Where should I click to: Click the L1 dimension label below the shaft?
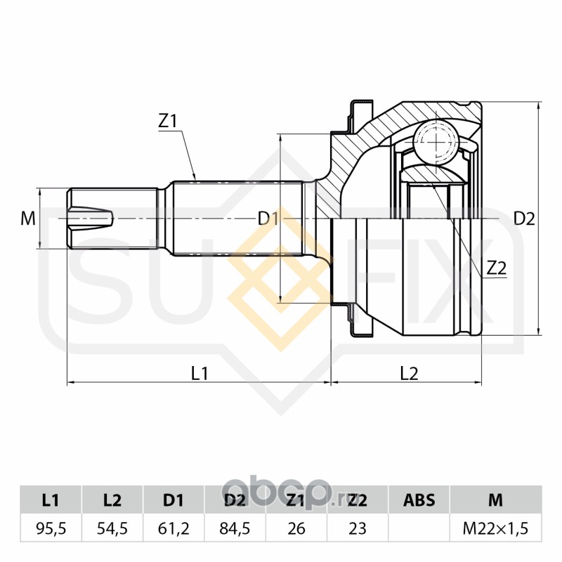(x=200, y=373)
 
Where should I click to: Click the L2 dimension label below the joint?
(x=409, y=373)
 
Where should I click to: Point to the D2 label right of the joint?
(x=524, y=218)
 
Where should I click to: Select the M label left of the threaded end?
(x=27, y=218)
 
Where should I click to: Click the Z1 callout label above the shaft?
(x=168, y=121)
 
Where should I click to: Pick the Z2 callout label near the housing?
(x=497, y=267)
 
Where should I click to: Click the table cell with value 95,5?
(x=51, y=528)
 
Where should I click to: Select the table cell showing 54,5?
(x=112, y=528)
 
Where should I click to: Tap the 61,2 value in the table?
(x=174, y=528)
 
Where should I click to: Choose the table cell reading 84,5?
(x=235, y=528)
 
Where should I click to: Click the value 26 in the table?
(x=296, y=528)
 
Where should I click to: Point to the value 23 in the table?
(x=358, y=528)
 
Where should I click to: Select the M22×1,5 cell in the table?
(x=495, y=528)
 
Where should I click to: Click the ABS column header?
(x=419, y=500)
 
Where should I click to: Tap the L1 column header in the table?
(x=51, y=500)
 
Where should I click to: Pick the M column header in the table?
(x=495, y=500)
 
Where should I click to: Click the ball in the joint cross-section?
(x=436, y=140)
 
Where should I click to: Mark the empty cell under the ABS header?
(x=419, y=528)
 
